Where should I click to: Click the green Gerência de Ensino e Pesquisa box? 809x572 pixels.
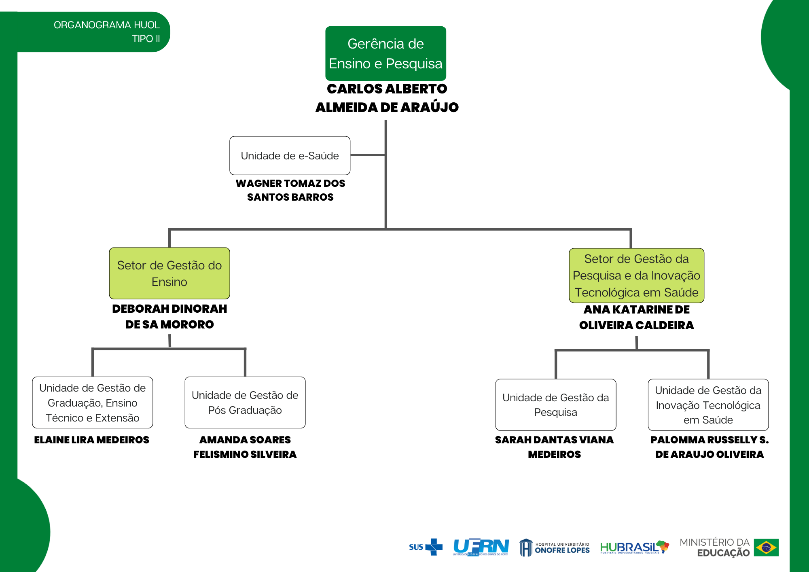pos(385,53)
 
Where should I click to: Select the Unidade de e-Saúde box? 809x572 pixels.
pos(290,155)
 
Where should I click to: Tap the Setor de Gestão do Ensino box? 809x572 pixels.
pos(169,273)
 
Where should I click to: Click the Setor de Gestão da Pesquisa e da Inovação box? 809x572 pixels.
pos(636,275)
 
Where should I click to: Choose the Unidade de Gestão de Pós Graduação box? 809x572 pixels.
pos(245,403)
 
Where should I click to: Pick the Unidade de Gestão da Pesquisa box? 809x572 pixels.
pos(555,405)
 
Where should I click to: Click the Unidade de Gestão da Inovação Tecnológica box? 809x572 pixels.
pos(708,405)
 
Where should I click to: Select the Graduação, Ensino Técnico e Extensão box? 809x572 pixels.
pos(92,403)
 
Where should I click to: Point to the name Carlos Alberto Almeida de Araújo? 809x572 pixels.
pos(387,98)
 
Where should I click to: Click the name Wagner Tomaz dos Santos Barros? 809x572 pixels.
pos(290,190)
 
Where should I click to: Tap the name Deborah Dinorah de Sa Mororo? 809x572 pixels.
pos(169,316)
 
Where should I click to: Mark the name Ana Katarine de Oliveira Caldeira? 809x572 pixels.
pos(636,317)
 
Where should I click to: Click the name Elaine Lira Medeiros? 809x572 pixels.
pos(92,440)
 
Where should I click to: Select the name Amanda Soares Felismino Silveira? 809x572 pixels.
pos(245,447)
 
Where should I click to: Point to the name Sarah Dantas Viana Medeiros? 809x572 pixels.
pos(554,447)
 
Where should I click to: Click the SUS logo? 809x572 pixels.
pos(426,547)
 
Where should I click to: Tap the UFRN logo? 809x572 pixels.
pos(481,547)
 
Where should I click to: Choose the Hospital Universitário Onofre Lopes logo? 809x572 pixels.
pos(555,547)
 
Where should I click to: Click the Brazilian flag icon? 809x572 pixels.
pos(766,548)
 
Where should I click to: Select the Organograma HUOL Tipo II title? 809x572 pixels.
pos(107,32)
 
